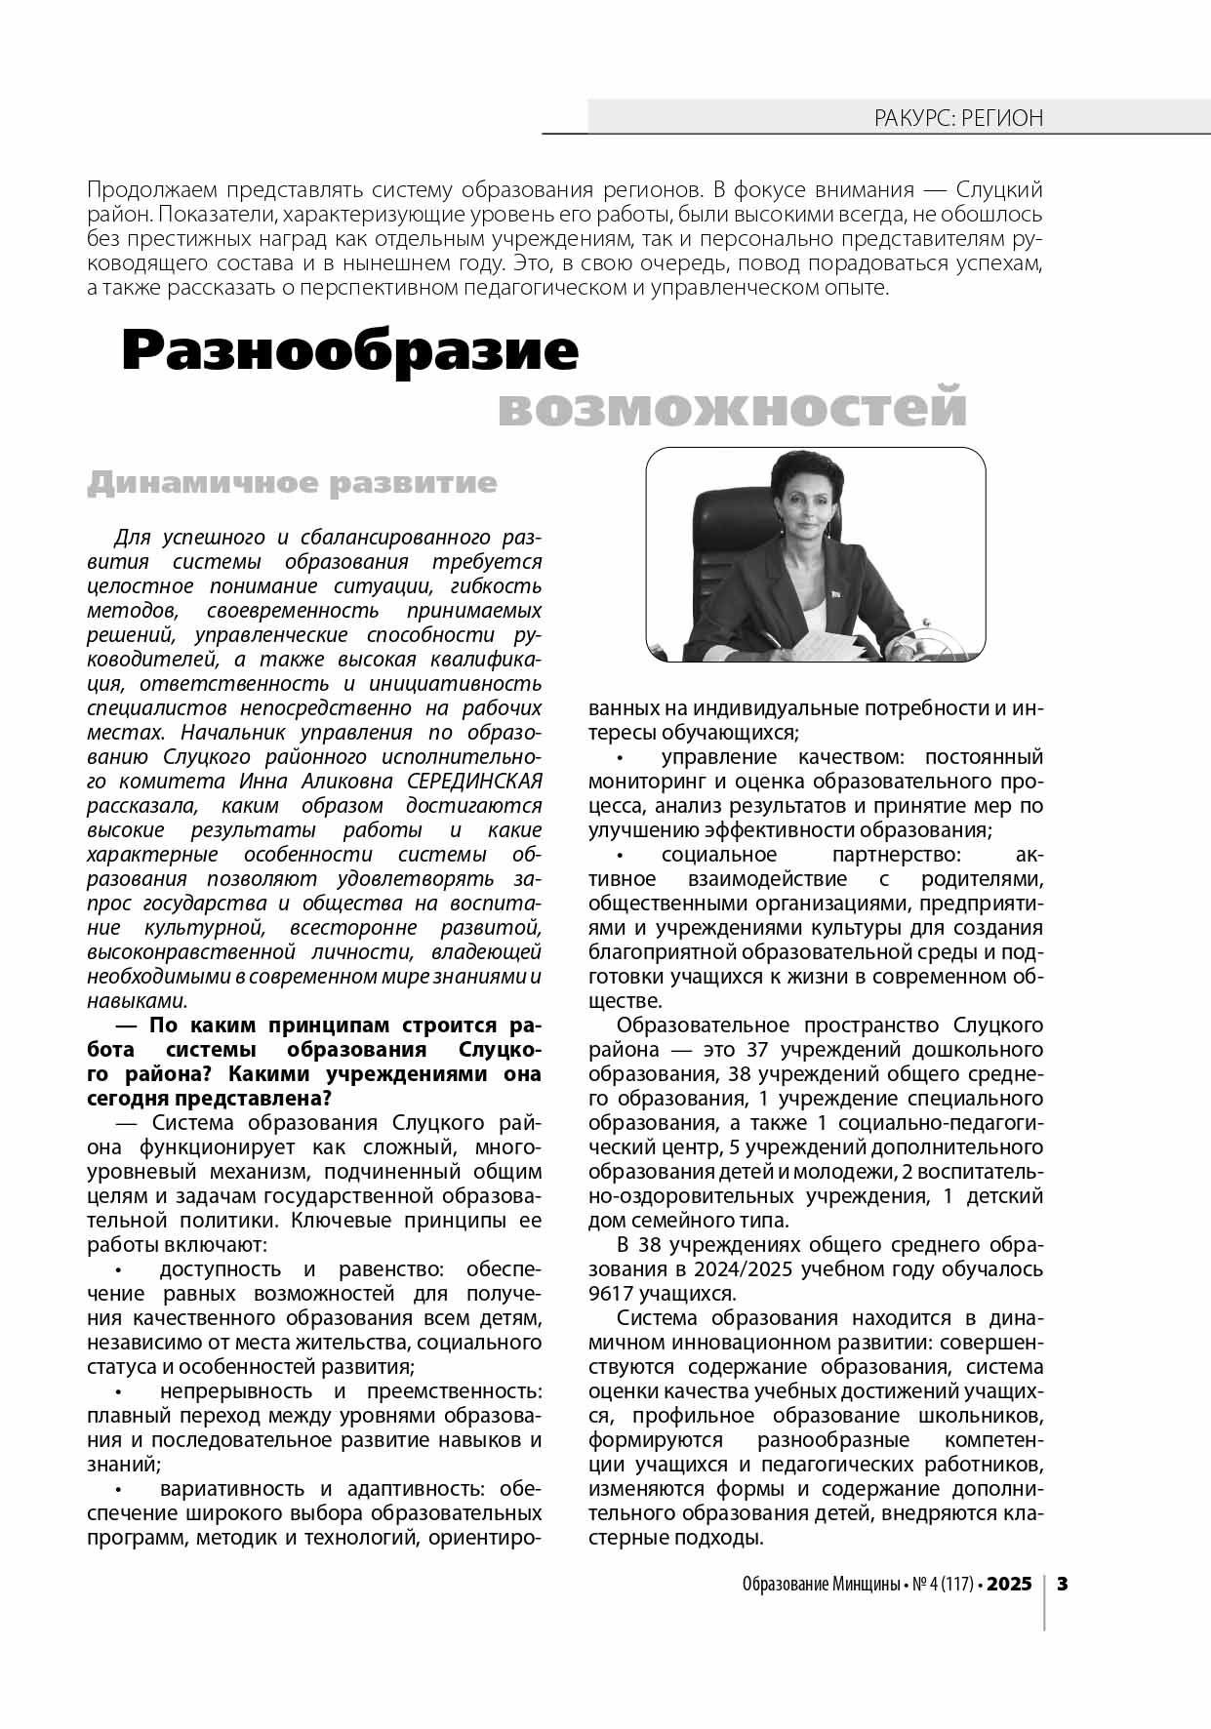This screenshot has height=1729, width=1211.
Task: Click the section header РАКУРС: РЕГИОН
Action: tap(957, 119)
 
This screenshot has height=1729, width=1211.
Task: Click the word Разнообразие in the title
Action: tap(349, 352)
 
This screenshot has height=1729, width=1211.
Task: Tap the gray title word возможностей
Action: tap(732, 408)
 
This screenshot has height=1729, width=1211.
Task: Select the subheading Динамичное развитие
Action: tap(292, 484)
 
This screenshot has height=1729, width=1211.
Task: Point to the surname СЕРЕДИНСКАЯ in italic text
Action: tap(474, 782)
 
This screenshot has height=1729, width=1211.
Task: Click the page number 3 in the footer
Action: tap(1063, 1584)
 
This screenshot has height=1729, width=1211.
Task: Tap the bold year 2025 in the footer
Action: tap(1009, 1584)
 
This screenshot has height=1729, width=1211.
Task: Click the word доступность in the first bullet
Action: tap(222, 1269)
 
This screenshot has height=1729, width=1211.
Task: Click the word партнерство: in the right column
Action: tap(897, 855)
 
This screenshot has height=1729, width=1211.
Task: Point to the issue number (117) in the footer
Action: tap(957, 1585)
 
